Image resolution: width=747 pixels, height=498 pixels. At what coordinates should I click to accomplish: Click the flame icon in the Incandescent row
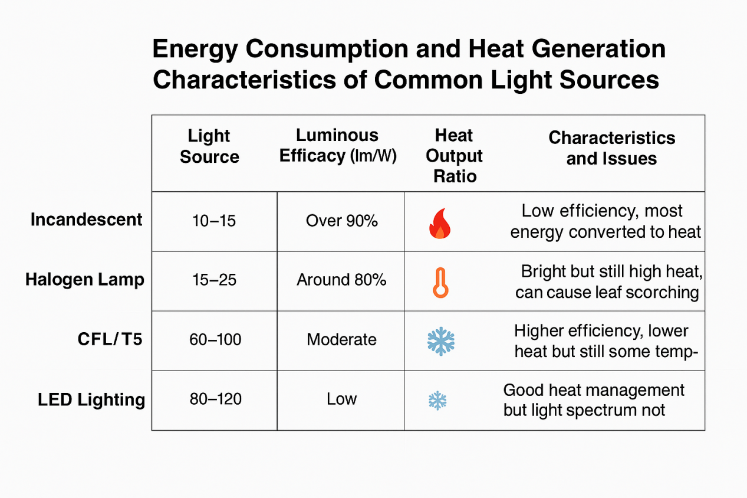pos(440,222)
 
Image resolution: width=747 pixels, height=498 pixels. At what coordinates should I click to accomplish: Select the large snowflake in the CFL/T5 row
pos(441,341)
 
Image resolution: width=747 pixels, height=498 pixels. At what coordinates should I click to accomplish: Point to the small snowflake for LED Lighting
pos(437,401)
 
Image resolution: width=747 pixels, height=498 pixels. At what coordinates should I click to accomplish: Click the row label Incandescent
pos(86,220)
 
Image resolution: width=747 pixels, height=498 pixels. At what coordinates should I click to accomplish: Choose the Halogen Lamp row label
pos(84,280)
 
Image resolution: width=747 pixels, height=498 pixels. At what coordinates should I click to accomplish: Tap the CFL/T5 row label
pos(110,340)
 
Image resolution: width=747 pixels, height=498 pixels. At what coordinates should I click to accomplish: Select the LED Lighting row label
pos(91,400)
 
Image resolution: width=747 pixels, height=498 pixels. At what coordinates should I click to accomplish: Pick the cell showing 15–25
pos(214,280)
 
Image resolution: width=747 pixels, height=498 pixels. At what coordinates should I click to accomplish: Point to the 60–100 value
pos(215,340)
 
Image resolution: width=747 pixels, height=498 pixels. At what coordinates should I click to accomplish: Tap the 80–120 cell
pos(216,399)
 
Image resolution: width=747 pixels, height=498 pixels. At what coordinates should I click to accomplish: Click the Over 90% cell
pos(341,221)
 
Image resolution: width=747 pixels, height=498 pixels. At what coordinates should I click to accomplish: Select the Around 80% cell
pos(341,280)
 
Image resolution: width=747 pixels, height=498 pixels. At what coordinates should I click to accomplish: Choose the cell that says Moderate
pos(341,340)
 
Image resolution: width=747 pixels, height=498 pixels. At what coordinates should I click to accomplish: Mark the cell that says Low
pos(341,399)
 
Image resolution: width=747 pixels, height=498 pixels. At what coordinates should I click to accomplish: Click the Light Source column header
pos(209,146)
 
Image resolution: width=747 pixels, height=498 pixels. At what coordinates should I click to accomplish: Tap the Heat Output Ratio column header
pos(454,156)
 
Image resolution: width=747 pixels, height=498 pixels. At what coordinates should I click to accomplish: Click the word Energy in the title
pos(195,50)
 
